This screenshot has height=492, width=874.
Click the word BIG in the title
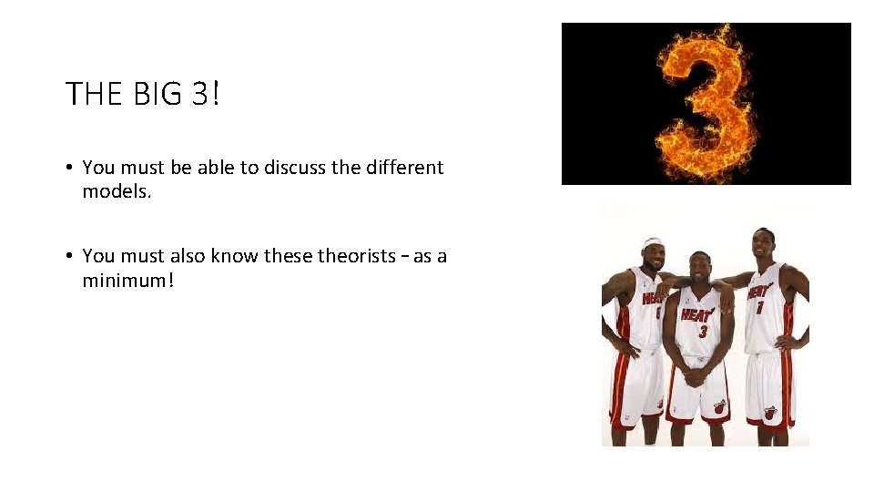pyautogui.click(x=154, y=94)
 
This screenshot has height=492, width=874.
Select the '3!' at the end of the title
pyautogui.click(x=206, y=94)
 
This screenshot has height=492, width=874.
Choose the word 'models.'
pyautogui.click(x=111, y=191)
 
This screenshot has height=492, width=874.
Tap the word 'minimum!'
pyautogui.click(x=127, y=280)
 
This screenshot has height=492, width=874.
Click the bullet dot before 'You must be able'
pyautogui.click(x=69, y=169)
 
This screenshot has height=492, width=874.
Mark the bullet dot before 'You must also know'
pyautogui.click(x=69, y=257)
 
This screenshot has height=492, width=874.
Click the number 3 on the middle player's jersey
pyautogui.click(x=702, y=332)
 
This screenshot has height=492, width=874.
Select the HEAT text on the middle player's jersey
pyautogui.click(x=696, y=315)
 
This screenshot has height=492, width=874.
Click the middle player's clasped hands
pyautogui.click(x=697, y=374)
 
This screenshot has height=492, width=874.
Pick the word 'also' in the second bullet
pyautogui.click(x=188, y=256)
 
